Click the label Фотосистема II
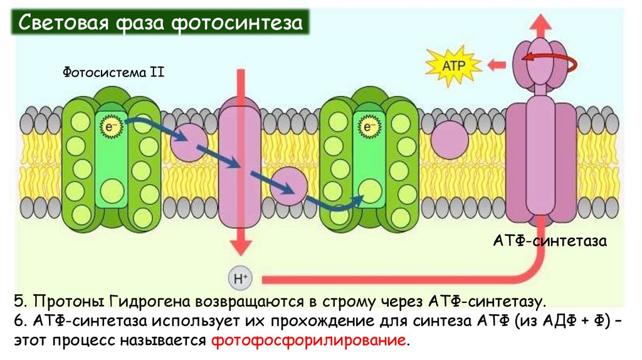tap(113, 73)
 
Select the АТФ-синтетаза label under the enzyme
tap(550, 240)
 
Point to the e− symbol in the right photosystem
tap(368, 128)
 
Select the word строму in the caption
tap(347, 303)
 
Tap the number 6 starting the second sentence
tap(16, 322)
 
